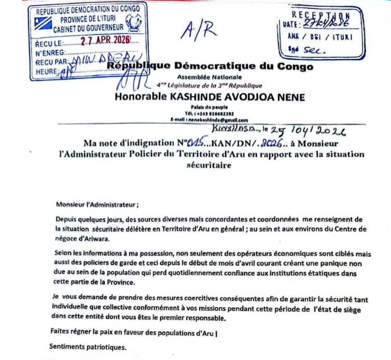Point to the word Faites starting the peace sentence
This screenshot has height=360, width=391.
[x=61, y=330]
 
